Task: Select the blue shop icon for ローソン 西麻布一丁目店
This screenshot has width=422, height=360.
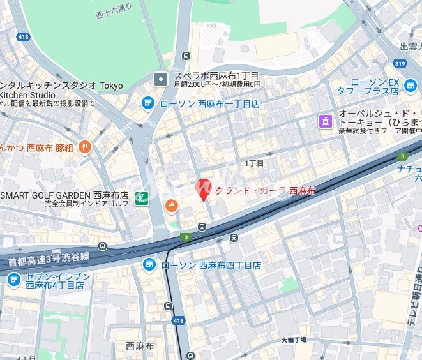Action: tap(148, 103)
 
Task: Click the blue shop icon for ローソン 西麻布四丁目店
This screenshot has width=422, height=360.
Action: tap(149, 264)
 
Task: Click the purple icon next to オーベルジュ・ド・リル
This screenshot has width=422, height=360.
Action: tap(326, 120)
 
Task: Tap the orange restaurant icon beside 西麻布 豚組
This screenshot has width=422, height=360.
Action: tap(85, 147)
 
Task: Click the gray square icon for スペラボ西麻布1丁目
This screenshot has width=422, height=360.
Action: tap(161, 79)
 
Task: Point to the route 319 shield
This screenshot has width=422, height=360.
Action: tap(400, 63)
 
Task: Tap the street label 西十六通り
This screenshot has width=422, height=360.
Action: tap(114, 10)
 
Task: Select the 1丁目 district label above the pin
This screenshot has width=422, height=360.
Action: tap(254, 163)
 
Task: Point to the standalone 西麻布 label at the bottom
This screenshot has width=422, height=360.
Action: tap(139, 346)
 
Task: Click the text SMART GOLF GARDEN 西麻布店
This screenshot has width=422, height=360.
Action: tap(64, 195)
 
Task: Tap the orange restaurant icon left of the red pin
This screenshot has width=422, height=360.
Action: tap(171, 205)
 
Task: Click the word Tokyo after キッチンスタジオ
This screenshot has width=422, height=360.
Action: tap(111, 85)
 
